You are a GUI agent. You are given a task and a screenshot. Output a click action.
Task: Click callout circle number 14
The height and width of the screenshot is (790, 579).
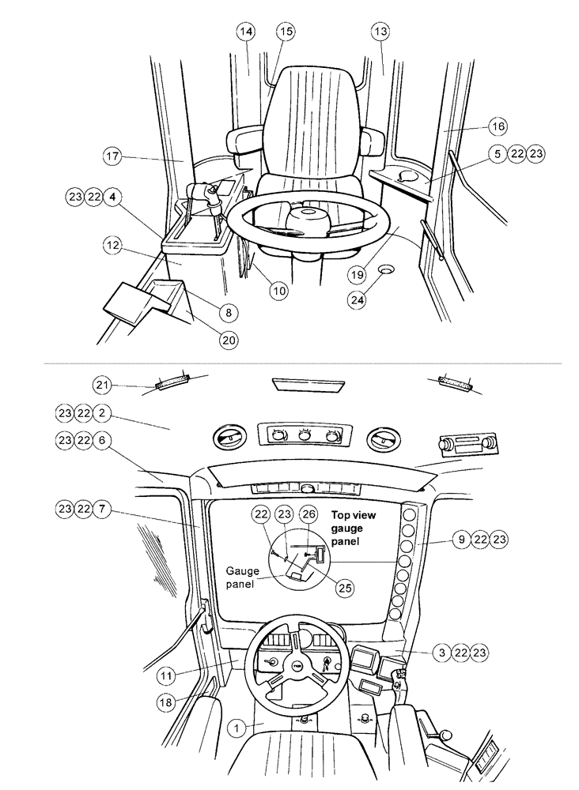246,31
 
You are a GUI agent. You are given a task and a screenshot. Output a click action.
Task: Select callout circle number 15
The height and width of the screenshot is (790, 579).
285,31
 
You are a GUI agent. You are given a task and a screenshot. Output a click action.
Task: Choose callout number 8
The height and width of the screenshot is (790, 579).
227,312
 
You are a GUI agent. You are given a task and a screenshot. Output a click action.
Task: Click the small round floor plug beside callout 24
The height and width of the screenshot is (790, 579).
387,271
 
